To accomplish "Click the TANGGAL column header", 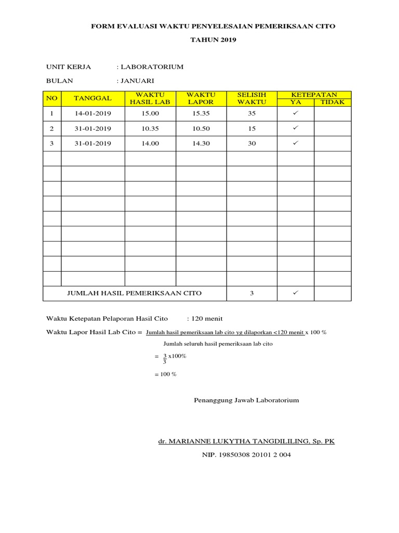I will (93, 98).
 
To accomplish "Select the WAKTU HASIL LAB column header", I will (150, 98).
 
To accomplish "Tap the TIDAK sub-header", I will (332, 102).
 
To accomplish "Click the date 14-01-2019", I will (93, 113).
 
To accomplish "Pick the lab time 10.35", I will (150, 129).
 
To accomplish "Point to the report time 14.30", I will (201, 144).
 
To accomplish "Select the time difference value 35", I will (252, 113).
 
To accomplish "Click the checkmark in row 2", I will (295, 128).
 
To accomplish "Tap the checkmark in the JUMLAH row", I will (295, 293).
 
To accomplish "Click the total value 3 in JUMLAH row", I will (252, 294).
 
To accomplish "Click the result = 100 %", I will (166, 374).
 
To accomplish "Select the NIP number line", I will (246, 455).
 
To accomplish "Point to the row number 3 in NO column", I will (51, 144).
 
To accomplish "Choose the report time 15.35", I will (201, 113).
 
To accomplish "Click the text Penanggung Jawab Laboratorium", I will (246, 400).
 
